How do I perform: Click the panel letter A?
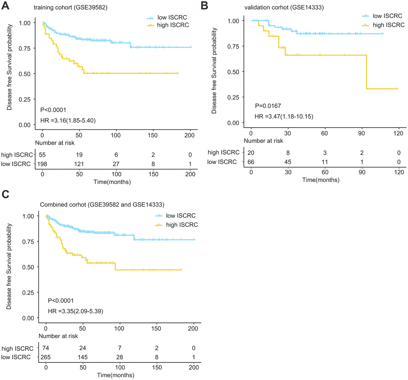point(5,5)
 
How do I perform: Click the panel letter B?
point(204,5)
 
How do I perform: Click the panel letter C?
point(5,194)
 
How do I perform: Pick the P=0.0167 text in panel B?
point(269,106)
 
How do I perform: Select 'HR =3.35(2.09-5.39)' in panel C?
point(75,310)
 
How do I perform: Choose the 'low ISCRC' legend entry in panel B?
point(382,15)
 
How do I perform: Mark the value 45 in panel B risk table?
point(288,161)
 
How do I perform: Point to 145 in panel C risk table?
point(83,356)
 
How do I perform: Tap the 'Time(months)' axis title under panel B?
point(321,180)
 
